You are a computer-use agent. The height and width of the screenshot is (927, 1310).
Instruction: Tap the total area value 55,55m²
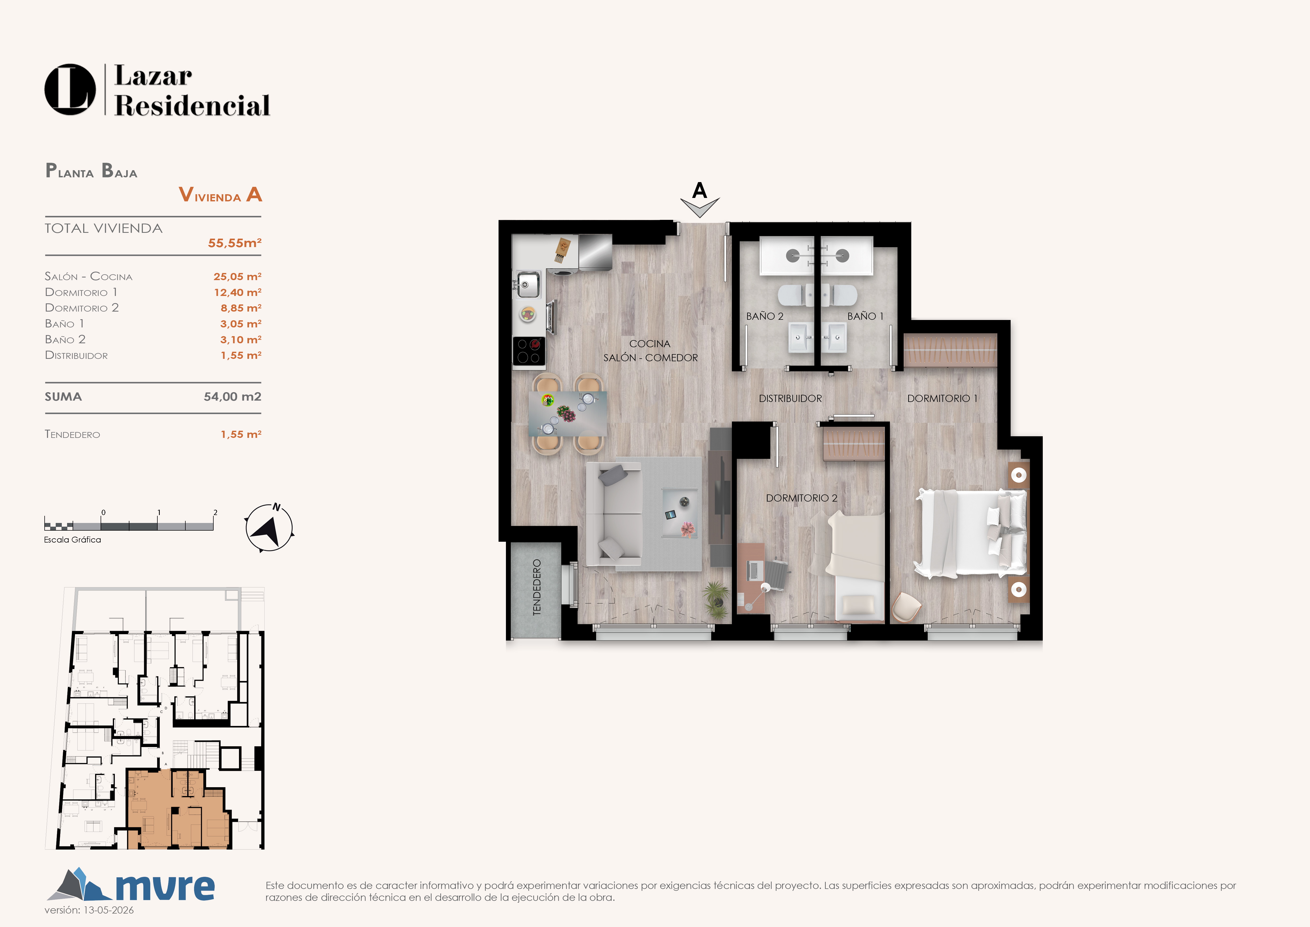(234, 243)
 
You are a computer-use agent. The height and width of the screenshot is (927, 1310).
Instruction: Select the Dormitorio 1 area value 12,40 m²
(237, 292)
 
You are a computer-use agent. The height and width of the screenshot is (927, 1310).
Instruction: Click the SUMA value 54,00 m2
(232, 397)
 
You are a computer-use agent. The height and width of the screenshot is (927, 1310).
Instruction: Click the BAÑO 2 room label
(764, 316)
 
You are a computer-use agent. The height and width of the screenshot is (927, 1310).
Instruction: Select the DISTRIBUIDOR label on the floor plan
(790, 398)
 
